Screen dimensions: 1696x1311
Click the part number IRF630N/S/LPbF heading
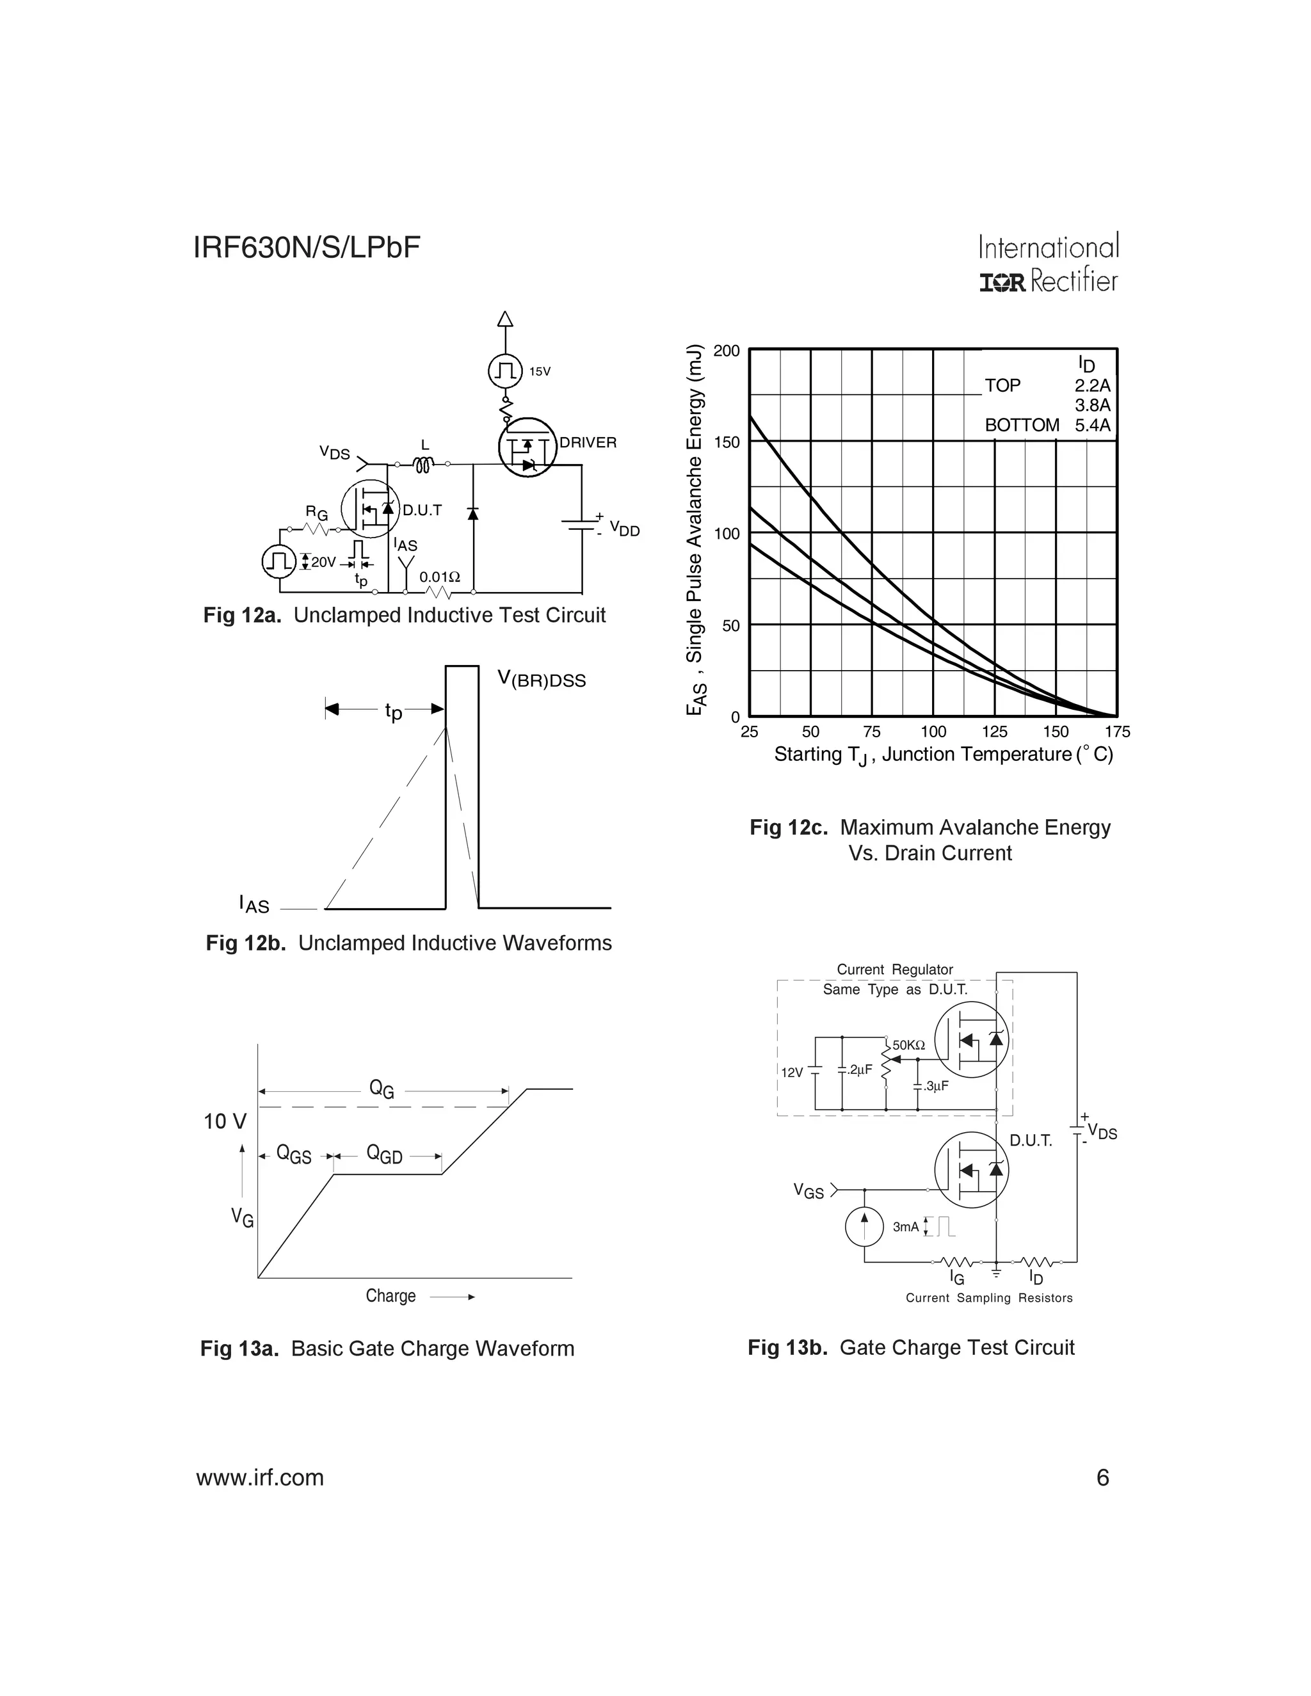click(307, 248)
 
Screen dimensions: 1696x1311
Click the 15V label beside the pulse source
click(539, 371)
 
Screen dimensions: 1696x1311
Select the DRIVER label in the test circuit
click(588, 443)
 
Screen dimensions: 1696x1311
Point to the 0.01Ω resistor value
click(440, 577)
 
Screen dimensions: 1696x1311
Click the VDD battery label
click(624, 530)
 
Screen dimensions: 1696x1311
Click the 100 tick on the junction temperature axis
click(933, 732)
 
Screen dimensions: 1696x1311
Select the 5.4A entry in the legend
click(1092, 426)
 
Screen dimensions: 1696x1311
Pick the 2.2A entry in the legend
click(1092, 386)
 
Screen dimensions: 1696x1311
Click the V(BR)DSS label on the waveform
click(542, 680)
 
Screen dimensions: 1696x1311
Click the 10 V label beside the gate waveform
click(225, 1121)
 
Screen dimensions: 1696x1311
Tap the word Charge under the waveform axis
click(390, 1296)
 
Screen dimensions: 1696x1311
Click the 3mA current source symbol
click(864, 1227)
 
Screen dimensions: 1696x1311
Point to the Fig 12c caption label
click(787, 828)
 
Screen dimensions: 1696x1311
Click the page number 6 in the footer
click(1102, 1477)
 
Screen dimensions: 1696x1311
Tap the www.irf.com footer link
click(259, 1477)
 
